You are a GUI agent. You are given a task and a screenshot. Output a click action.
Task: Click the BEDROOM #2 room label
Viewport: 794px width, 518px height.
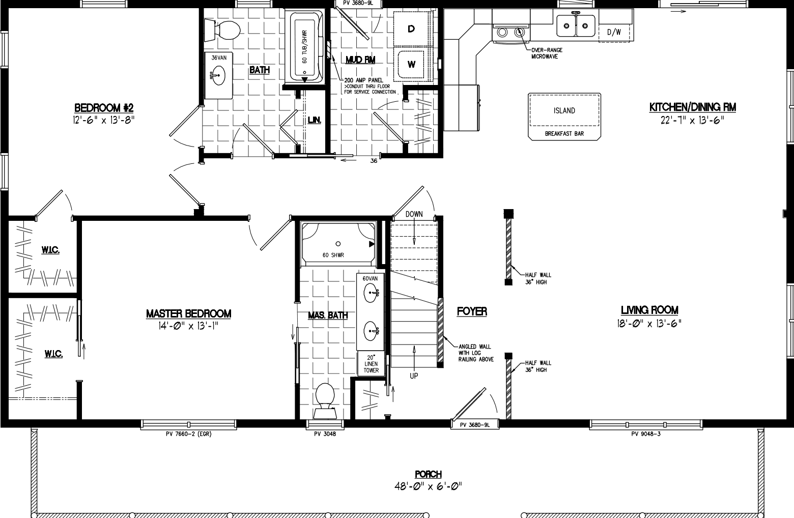[104, 108]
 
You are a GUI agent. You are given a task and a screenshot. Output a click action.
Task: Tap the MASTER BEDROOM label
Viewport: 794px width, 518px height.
[188, 314]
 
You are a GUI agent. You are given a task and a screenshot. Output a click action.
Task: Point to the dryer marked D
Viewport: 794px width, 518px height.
[411, 29]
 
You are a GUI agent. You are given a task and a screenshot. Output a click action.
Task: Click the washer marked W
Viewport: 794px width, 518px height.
[412, 64]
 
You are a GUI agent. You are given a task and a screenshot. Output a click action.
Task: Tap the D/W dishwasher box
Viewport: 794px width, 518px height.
[614, 32]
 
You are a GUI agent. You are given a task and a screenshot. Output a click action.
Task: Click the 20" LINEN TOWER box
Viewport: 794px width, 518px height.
[371, 363]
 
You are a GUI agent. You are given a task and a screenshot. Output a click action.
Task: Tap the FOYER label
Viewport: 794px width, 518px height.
[472, 311]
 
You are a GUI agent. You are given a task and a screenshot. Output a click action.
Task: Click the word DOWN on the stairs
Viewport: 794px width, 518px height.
[414, 214]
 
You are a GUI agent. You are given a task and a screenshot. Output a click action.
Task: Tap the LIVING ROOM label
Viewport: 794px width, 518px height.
[649, 310]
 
